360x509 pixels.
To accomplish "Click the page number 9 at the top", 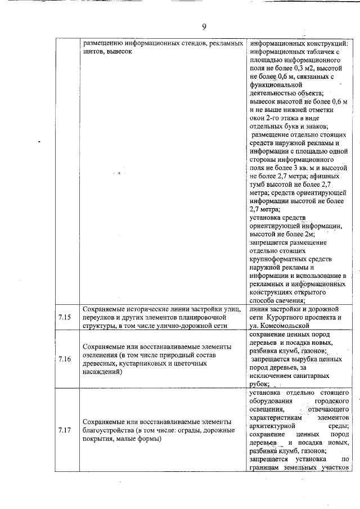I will pos(204,26).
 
